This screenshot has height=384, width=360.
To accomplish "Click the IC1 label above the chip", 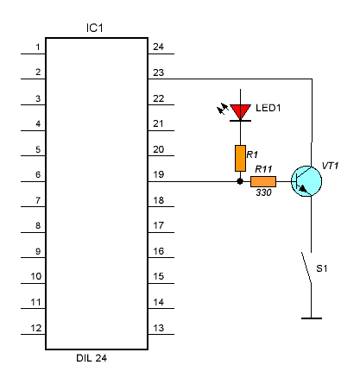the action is point(94,28).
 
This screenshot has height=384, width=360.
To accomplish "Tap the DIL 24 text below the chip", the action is point(92,358).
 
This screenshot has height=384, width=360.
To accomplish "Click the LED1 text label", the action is point(268,108).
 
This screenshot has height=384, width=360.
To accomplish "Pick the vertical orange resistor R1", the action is point(240,158).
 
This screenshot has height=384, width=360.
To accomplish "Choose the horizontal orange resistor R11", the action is point(263,181).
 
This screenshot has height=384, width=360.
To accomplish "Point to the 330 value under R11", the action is point(263,192).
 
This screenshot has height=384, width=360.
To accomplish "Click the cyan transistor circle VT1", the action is point(306,181).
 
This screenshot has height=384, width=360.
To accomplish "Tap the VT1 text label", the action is point(330,166).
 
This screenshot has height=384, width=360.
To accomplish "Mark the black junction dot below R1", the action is point(240,181).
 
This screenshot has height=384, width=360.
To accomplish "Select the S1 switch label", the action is point(322,268).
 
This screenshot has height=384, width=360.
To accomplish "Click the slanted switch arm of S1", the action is point(306,268).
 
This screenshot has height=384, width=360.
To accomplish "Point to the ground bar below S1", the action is point(312,318).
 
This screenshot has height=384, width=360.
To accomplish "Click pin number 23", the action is point(159,72).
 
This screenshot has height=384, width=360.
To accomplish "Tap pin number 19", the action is point(159,174).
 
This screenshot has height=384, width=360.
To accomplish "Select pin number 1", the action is point(38,47).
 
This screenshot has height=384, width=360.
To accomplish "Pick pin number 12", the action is point(36,328).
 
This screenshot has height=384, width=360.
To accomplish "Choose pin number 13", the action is point(159,328).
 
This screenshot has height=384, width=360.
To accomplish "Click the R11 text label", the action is point(263,169).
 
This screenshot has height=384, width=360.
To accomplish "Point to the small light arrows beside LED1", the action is point(223,109).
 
